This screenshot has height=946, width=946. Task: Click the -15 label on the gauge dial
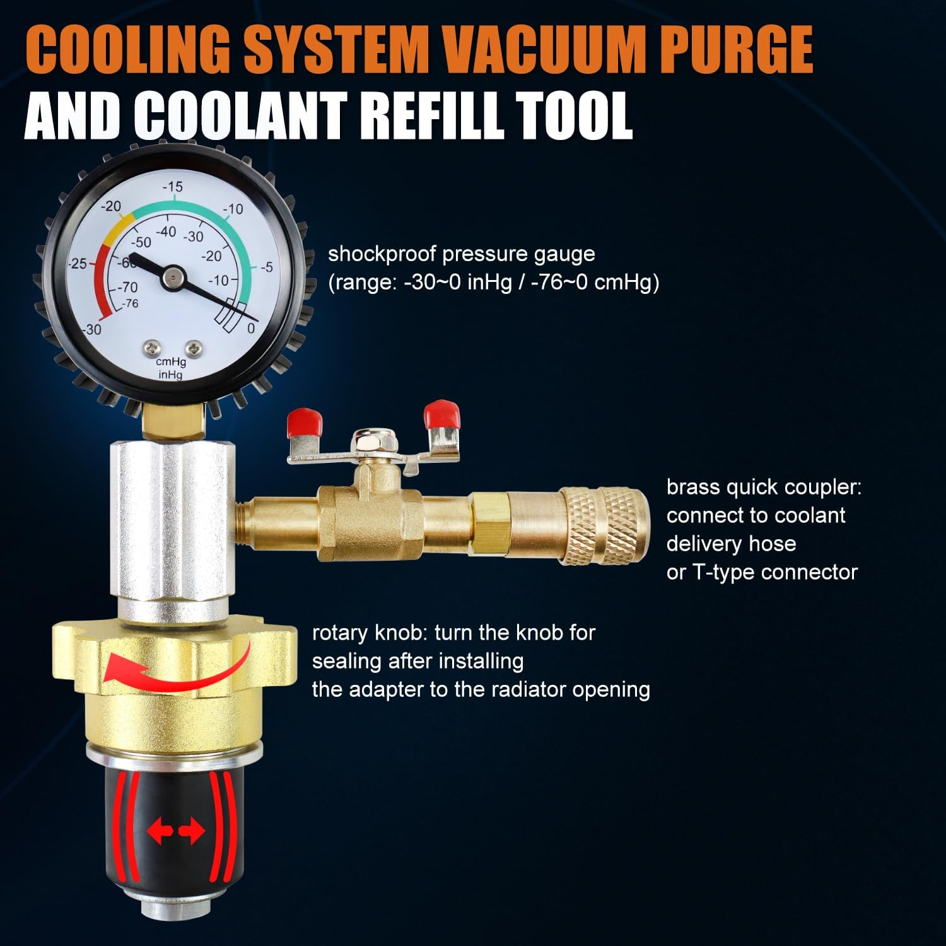[x=173, y=187]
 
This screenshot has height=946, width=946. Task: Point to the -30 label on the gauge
[x=92, y=329]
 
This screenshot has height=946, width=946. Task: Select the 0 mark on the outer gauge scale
[x=251, y=328]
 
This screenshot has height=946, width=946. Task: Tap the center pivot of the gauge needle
[x=172, y=276]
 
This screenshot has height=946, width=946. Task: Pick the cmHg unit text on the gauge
[x=170, y=362]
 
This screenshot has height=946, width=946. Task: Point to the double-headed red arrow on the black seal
[x=176, y=832]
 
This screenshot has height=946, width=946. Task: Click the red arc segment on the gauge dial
[x=105, y=284]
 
